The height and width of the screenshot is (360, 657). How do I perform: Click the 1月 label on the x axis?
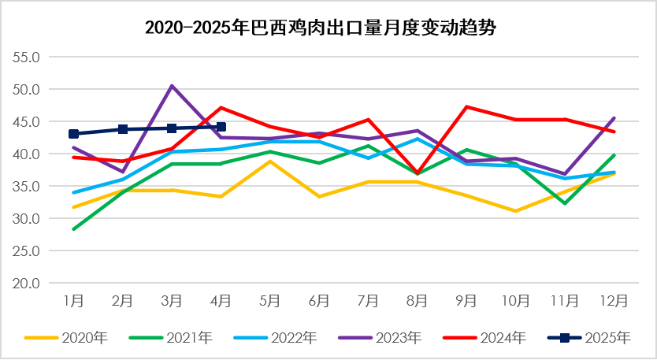pos(73,301)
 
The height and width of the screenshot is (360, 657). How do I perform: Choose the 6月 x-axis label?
pos(319,301)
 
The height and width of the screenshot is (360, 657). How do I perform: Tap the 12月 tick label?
pos(614,301)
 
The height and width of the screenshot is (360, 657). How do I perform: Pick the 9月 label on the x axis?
pos(466,301)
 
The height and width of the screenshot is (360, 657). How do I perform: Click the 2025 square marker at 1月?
pos(73,134)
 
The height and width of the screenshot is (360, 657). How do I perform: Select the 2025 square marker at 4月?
pos(221,127)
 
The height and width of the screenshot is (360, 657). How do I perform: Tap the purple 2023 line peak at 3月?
pos(172,86)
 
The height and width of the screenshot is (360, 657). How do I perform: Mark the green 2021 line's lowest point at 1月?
pos(73,229)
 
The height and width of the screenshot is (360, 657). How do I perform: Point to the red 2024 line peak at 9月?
pos(466,106)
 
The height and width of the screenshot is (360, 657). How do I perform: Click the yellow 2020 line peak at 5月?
pos(270,161)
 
